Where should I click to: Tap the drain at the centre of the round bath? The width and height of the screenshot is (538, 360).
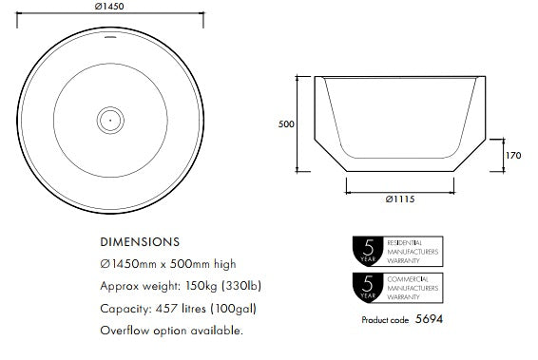110,119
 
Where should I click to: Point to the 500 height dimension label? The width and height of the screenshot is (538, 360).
285,123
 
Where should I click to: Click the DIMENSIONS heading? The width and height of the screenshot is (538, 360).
141,242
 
